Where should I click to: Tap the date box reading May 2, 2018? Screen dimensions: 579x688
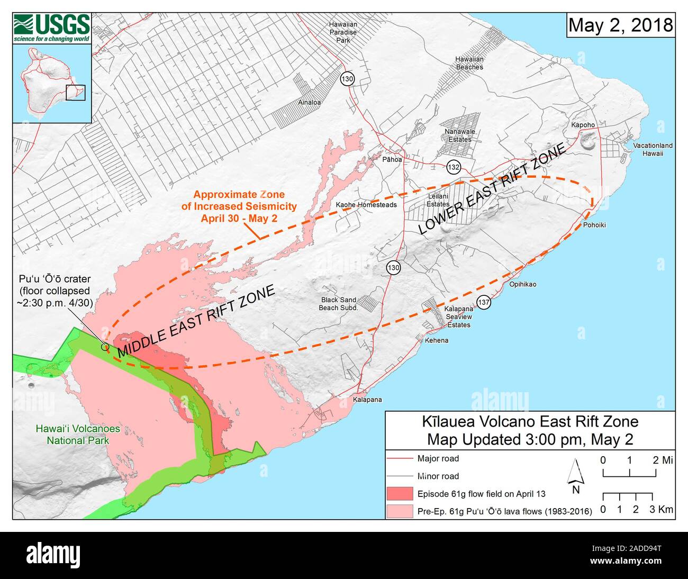621,25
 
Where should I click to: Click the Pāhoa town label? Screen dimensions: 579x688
392,159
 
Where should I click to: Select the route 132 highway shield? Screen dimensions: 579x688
453,167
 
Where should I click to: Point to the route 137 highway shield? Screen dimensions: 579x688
484,302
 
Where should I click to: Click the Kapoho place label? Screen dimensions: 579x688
583,125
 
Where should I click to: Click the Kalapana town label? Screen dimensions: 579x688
367,400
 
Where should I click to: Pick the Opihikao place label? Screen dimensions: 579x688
522,284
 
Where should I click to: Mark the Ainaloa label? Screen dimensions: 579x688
310,103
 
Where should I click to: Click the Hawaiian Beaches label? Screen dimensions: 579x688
469,64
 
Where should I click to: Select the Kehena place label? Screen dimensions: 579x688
436,340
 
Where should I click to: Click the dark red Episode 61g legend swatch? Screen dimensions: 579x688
400,493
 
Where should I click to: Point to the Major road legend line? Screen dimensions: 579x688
400,459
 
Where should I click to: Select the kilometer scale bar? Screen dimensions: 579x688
628,496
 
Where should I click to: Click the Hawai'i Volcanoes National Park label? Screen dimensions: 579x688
78,435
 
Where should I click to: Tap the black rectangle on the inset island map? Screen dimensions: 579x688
76,93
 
